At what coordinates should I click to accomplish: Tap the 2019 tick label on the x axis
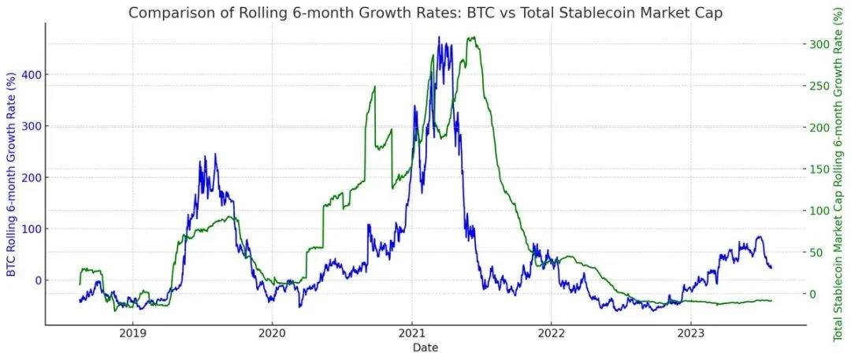132,333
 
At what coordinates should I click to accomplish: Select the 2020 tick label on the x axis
272,333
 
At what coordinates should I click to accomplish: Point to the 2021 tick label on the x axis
411,333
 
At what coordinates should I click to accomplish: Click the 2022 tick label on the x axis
551,333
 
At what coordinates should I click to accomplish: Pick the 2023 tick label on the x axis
690,333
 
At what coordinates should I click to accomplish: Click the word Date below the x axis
425,347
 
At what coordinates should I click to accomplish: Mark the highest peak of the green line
472,37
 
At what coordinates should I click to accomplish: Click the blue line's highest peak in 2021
438,37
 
